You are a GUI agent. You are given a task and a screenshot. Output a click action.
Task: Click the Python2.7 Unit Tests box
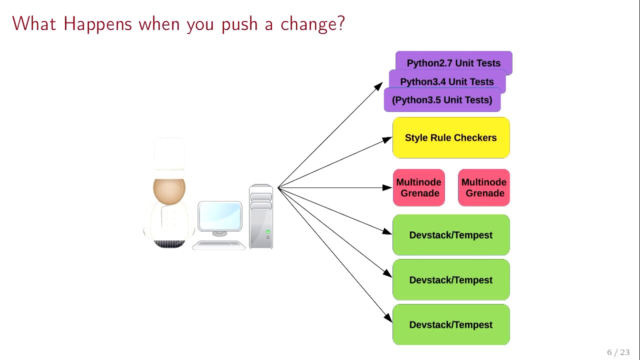453,63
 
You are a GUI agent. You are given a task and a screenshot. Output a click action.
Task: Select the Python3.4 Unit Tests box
447,81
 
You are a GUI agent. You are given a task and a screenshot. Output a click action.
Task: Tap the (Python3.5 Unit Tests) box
442,99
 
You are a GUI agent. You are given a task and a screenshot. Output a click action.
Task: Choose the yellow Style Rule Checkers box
451,137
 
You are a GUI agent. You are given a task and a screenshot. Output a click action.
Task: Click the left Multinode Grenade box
419,187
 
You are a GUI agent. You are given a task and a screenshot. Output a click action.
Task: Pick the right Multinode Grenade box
484,187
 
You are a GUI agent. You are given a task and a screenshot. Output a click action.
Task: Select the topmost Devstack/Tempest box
451,235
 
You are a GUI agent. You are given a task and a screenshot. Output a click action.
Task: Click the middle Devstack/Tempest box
451,279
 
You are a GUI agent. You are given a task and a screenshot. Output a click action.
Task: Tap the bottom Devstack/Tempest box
451,324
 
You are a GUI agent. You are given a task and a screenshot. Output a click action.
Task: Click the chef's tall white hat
169,158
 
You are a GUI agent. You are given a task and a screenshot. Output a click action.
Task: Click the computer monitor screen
219,215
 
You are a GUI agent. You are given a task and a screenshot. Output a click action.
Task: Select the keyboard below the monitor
218,245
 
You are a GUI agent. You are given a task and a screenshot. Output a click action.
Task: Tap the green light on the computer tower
268,231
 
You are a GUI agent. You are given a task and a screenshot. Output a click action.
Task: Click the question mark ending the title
341,23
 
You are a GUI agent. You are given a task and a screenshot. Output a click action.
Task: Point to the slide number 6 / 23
618,352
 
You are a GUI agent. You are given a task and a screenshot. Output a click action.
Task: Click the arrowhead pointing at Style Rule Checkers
387,139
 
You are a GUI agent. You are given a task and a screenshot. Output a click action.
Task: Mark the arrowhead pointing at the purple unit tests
378,86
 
